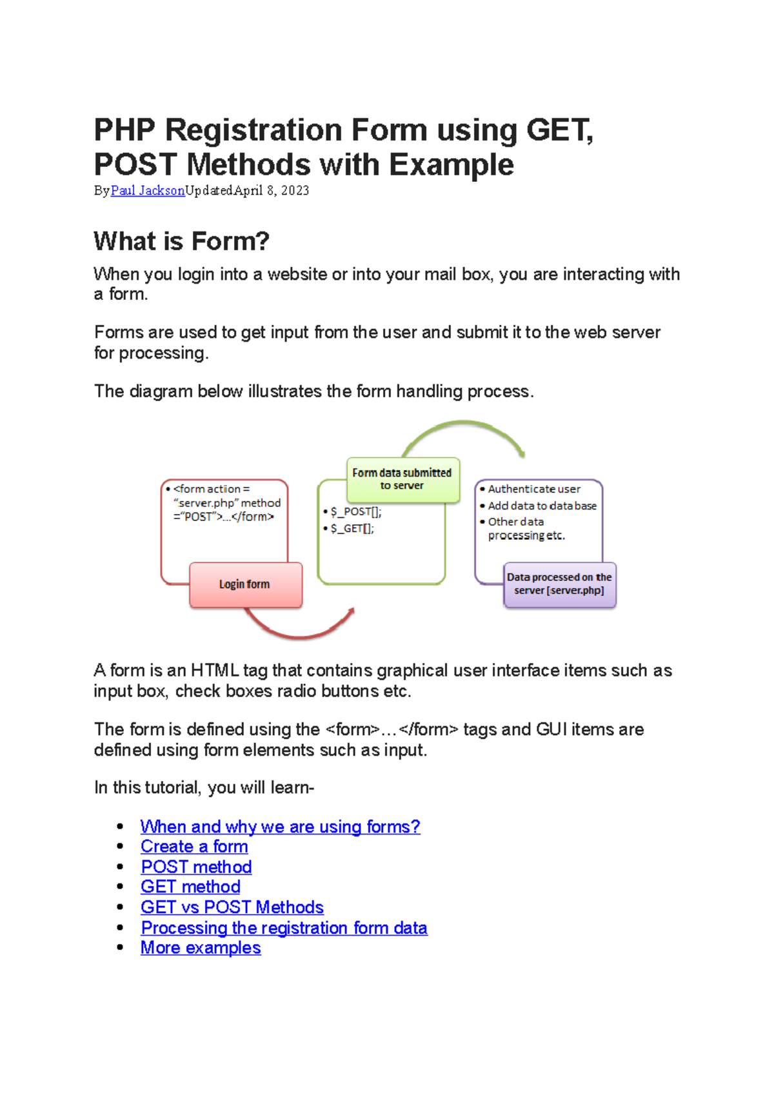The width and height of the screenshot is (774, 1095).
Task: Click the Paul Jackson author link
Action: point(148,190)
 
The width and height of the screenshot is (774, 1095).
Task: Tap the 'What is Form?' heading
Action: point(181,241)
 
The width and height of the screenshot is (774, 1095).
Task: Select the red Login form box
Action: point(245,584)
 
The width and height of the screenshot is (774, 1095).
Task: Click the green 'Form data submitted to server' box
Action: point(402,479)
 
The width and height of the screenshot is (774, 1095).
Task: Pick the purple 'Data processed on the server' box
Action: point(559,584)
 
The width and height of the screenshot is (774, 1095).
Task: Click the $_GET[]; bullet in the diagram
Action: point(352,529)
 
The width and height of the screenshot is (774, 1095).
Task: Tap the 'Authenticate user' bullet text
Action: point(533,489)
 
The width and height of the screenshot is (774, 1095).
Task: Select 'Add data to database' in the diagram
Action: point(542,506)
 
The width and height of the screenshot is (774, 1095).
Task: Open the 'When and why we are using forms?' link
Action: point(280,827)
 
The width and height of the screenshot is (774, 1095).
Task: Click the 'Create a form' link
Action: point(194,847)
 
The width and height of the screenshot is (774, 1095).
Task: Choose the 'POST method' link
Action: point(196,867)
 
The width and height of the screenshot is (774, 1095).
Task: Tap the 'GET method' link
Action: point(190,887)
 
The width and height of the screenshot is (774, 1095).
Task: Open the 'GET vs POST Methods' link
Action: point(232,907)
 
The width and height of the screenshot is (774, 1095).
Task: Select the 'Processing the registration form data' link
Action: point(284,928)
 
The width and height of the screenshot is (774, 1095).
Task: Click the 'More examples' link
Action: point(201,948)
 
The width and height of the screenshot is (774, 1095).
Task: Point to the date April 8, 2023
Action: point(272,190)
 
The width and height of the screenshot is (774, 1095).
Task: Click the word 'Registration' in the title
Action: point(253,130)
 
